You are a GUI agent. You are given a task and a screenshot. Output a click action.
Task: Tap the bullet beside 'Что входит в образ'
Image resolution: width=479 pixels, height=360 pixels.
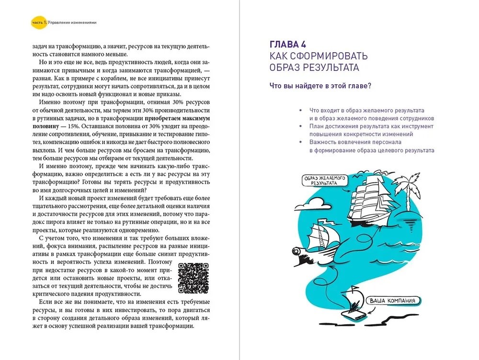pyautogui.click(x=300, y=110)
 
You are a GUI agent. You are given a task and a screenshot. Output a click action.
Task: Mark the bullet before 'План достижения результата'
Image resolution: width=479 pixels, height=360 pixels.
pyautogui.click(x=300, y=126)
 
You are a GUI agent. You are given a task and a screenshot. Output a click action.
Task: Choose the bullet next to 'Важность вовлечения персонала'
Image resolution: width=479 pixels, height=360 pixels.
pyautogui.click(x=300, y=142)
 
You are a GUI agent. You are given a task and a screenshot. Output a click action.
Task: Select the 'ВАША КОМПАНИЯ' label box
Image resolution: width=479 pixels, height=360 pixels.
pyautogui.click(x=393, y=301)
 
